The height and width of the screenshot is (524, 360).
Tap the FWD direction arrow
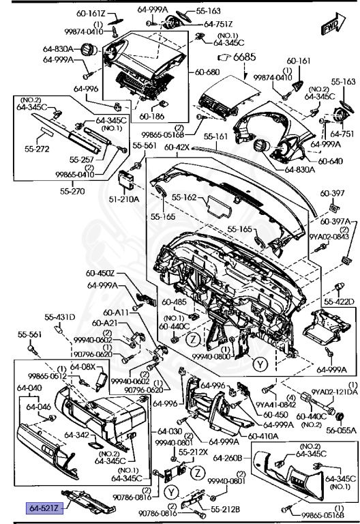click(331, 26)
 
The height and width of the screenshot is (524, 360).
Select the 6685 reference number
click(247, 59)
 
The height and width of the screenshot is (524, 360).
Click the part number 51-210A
click(124, 199)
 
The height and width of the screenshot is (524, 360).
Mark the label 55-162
click(183, 198)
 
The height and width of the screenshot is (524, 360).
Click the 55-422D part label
click(340, 301)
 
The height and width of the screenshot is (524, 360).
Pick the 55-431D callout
click(59, 317)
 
